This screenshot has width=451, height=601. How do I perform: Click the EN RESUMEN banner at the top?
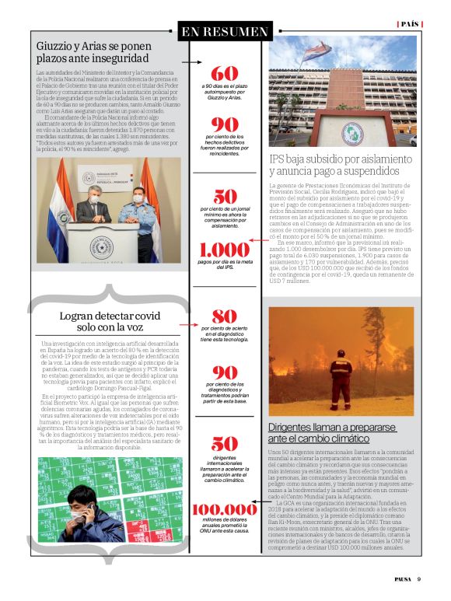[225, 32]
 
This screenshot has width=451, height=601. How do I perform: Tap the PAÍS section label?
[409, 24]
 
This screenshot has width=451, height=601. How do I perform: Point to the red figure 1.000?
[225, 250]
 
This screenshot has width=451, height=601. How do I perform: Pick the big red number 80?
[225, 338]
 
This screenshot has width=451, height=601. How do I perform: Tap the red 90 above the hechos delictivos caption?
[225, 125]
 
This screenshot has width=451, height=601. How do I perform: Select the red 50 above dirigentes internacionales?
[225, 444]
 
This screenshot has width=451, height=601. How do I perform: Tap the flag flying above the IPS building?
[316, 53]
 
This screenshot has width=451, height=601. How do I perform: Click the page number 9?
[418, 578]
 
